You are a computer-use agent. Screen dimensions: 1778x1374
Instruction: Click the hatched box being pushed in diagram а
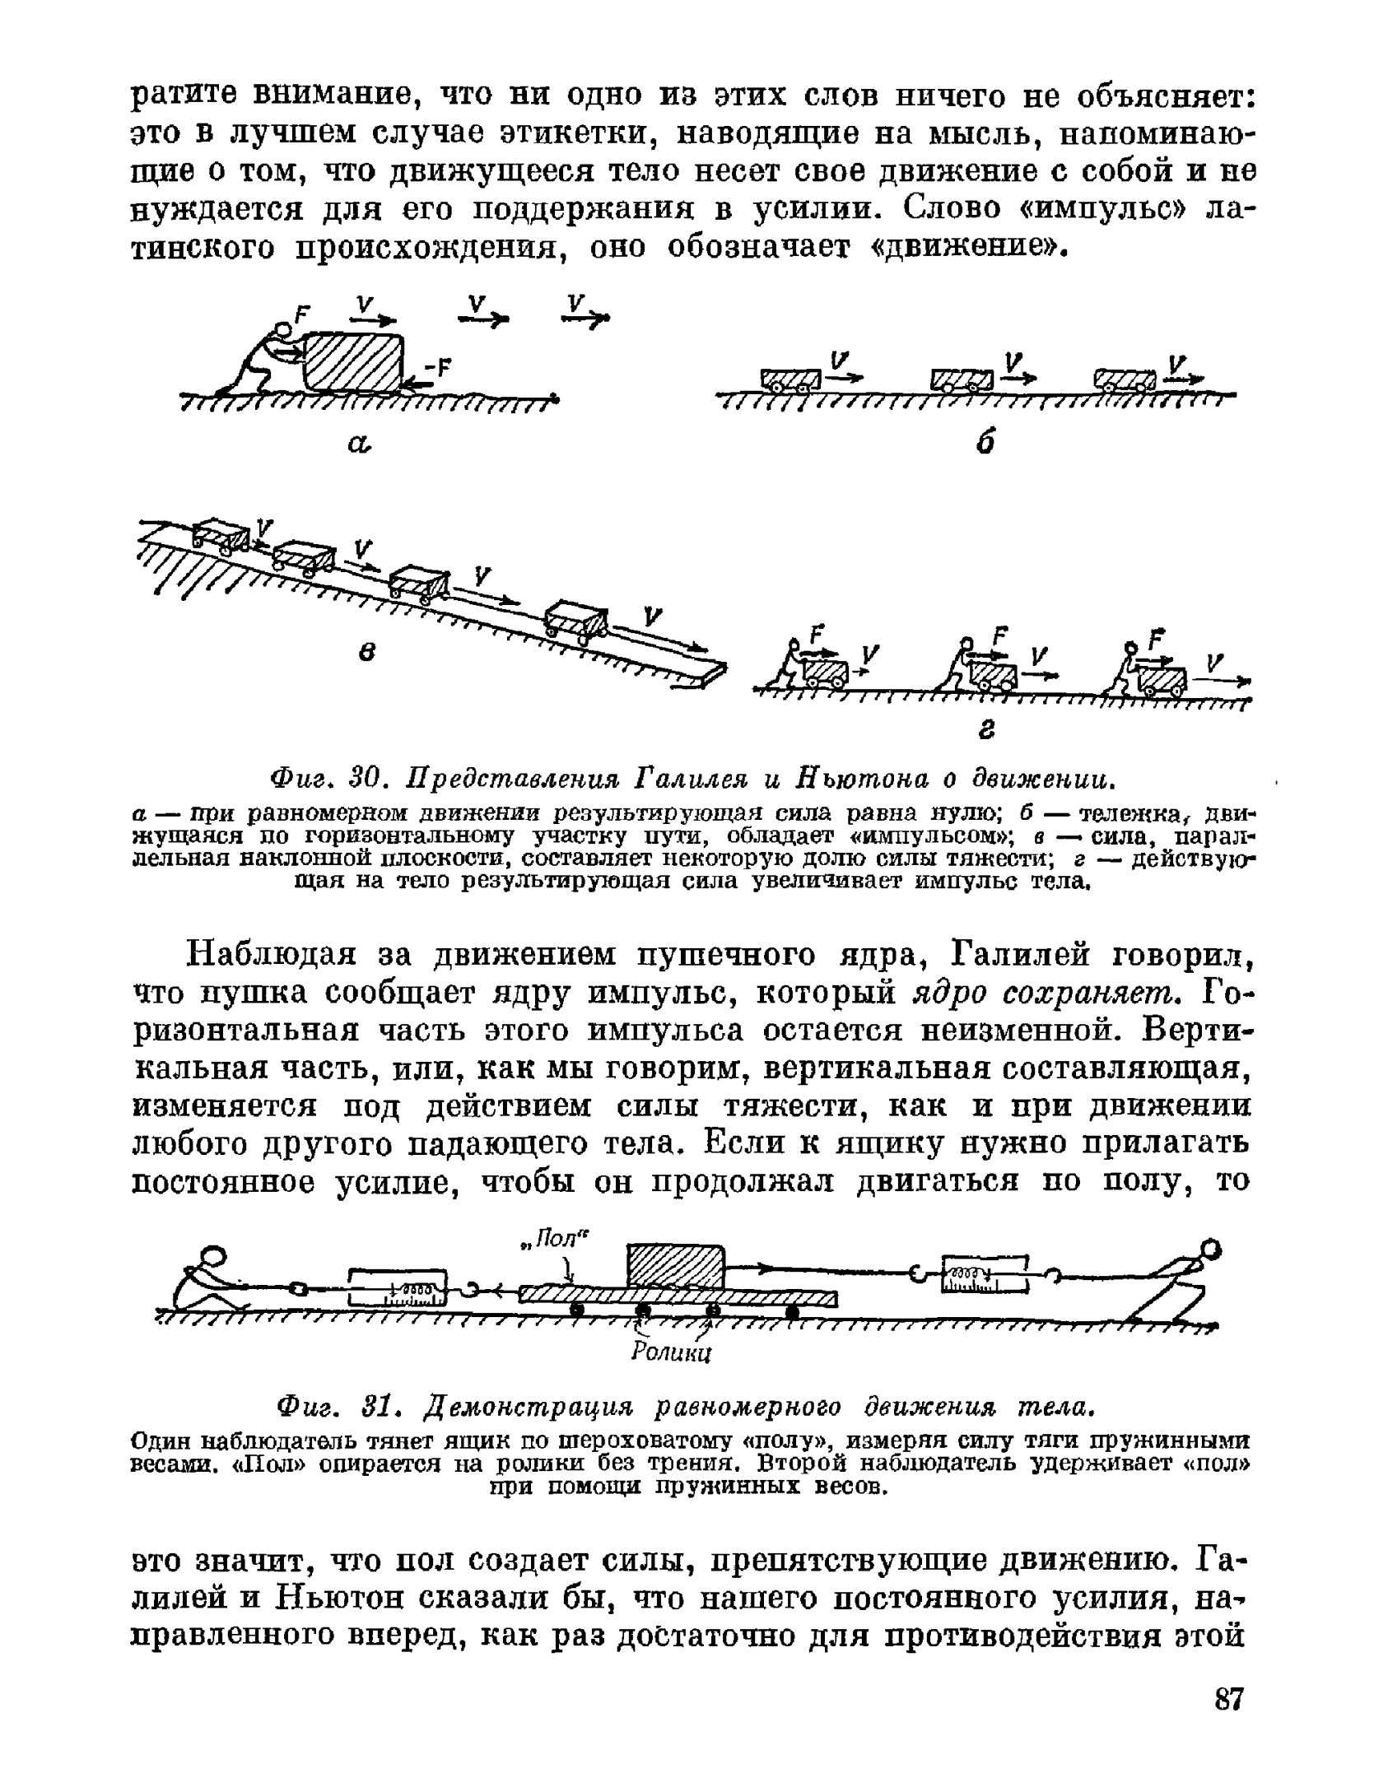point(354,362)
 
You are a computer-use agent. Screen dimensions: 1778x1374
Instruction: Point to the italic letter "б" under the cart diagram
point(988,443)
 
